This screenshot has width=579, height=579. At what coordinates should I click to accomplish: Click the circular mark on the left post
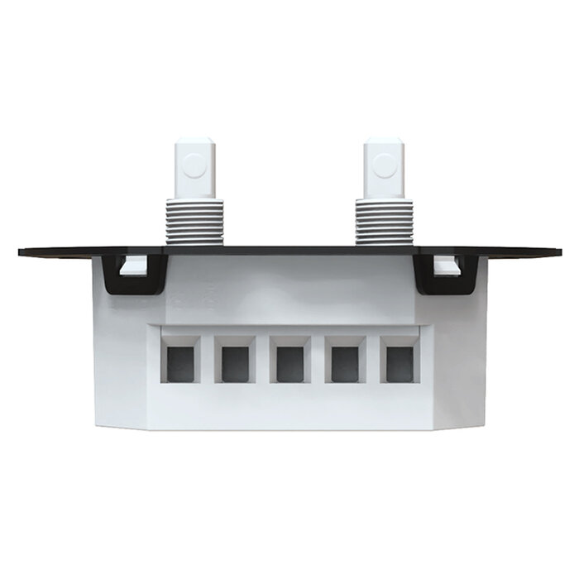point(194,165)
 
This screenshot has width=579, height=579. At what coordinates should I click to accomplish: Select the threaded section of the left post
point(194,222)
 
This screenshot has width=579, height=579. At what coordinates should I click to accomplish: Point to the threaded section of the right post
point(384,222)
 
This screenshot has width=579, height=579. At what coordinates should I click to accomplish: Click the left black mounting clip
point(132,281)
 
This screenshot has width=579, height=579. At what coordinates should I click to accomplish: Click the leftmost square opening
point(180,363)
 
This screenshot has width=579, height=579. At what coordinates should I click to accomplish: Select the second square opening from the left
point(235,363)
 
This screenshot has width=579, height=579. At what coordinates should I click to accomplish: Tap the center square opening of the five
point(289,363)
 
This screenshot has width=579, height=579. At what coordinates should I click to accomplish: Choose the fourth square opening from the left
point(344,363)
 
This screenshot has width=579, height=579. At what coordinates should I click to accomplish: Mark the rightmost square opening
point(399,363)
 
